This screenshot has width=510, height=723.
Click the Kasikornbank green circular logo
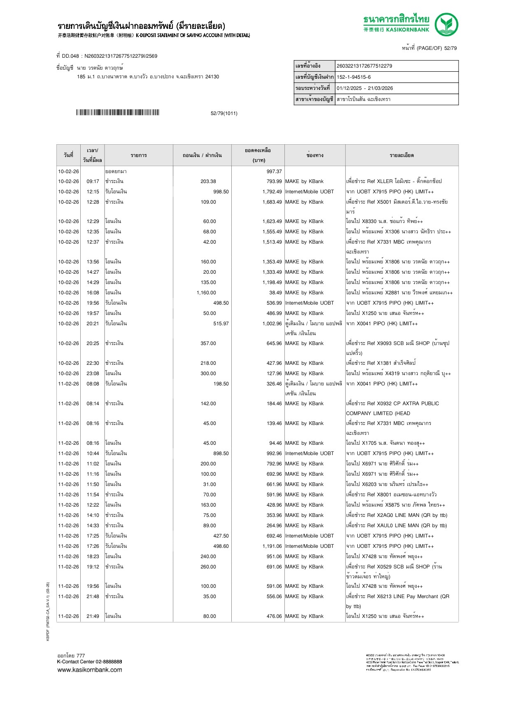click(x=447, y=24)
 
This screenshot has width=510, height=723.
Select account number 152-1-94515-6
click(x=354, y=77)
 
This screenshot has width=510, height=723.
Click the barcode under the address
click(x=117, y=113)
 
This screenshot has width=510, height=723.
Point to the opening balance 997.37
click(x=274, y=171)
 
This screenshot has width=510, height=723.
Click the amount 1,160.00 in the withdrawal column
click(x=206, y=293)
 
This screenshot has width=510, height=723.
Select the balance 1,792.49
click(x=272, y=192)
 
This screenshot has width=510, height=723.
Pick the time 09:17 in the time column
click(x=93, y=181)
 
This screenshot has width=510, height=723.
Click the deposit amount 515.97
click(x=221, y=324)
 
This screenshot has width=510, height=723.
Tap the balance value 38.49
click(x=275, y=293)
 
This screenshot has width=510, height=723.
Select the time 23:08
click(x=93, y=373)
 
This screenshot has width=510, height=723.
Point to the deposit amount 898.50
click(x=221, y=453)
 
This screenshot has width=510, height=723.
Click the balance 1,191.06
click(x=272, y=546)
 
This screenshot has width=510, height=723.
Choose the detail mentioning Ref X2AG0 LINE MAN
click(x=396, y=515)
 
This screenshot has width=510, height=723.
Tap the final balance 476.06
click(x=274, y=616)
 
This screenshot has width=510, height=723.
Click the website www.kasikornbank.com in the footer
click(x=90, y=670)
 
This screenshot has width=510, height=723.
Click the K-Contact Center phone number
click(x=107, y=662)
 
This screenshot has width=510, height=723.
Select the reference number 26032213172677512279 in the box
click(x=364, y=66)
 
